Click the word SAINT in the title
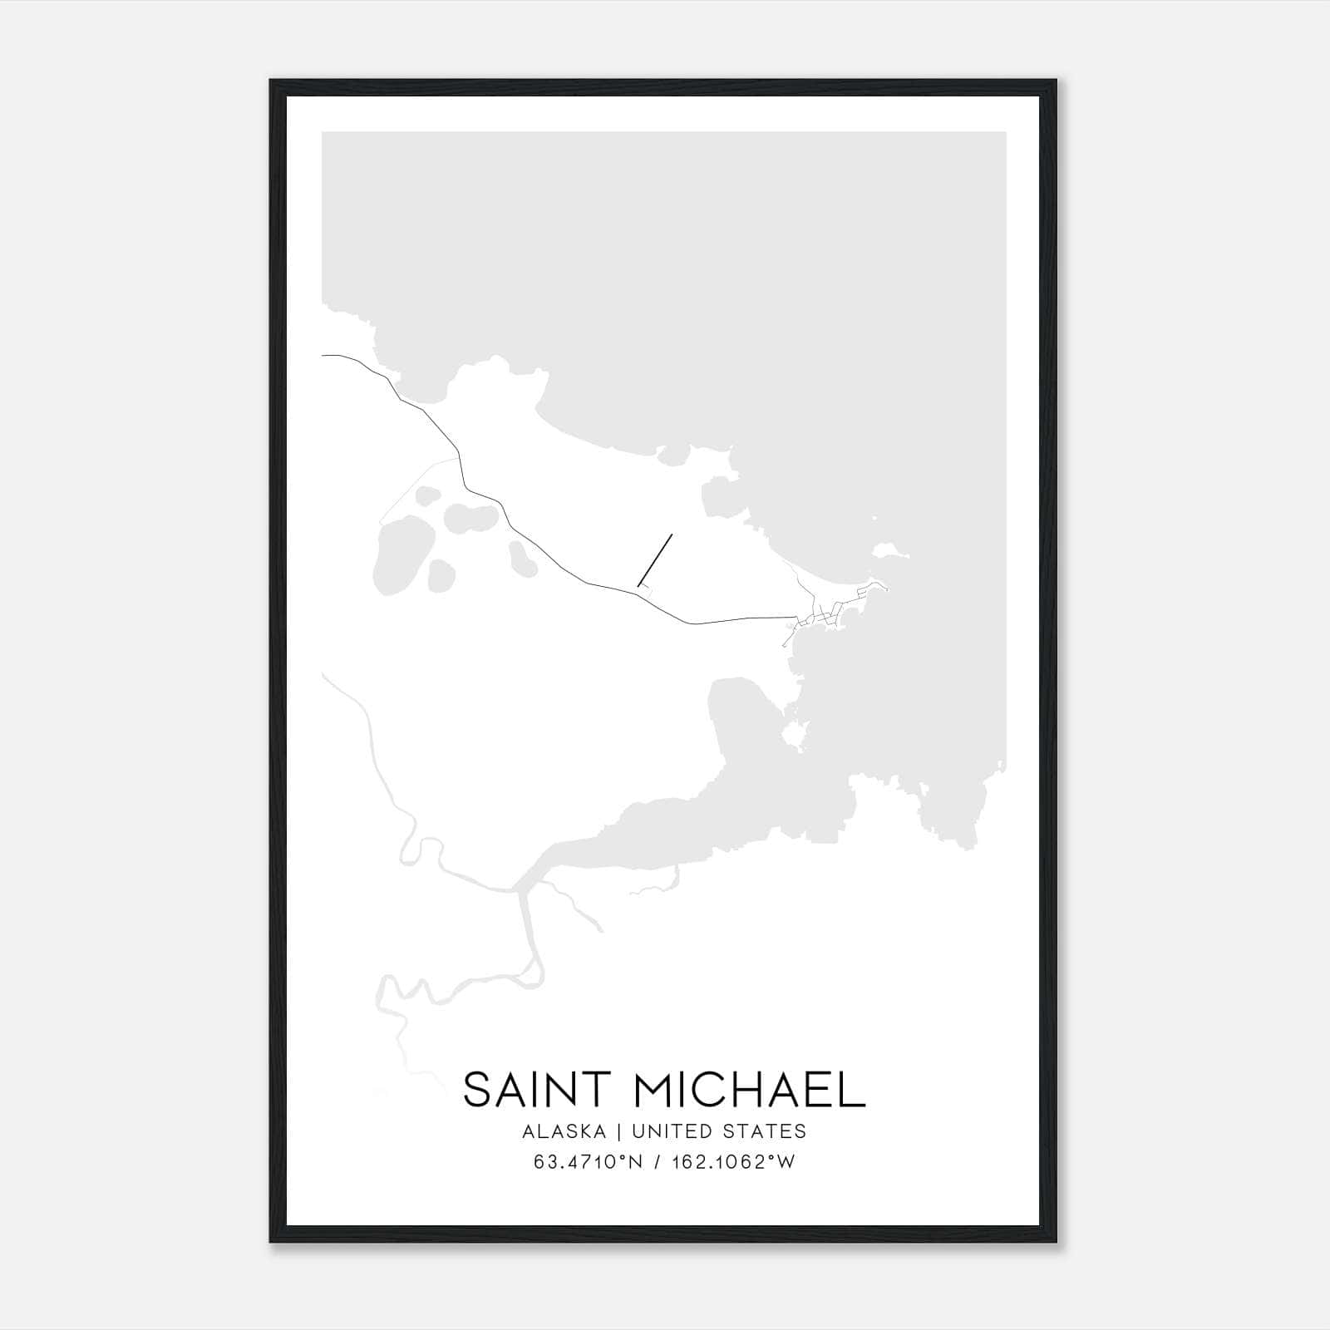pos(538,1091)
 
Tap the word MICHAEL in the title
pos(751,1091)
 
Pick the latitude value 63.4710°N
pos(589,1162)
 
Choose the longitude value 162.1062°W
pos(733,1162)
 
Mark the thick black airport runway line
pos(655,559)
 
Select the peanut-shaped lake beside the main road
pos(470,520)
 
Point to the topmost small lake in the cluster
pos(428,496)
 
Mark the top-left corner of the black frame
pos(271,81)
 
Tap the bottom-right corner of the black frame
pos(1056,1242)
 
